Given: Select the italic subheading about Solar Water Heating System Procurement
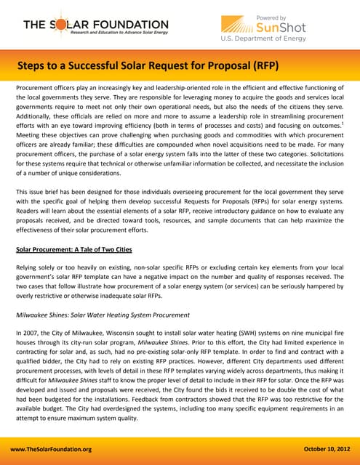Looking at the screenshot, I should pos(102,315).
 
